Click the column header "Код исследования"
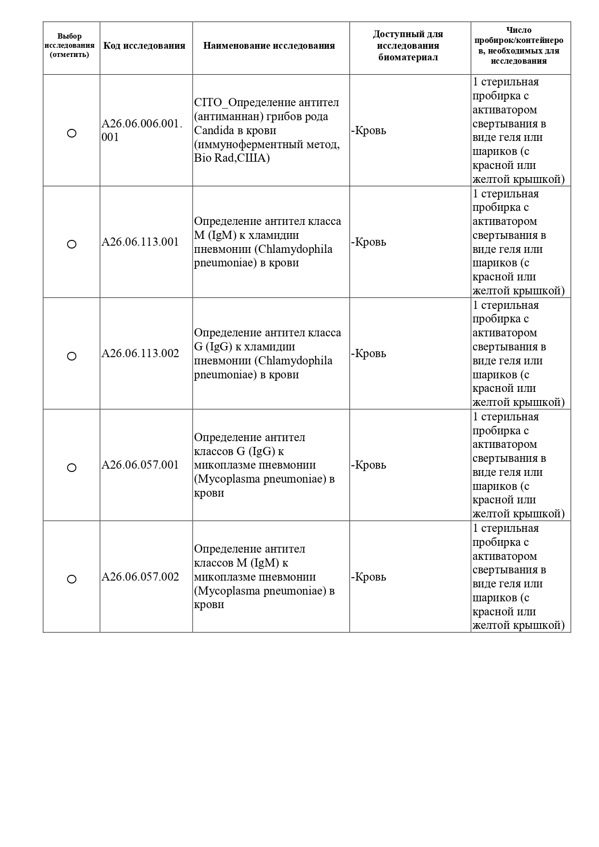(x=144, y=46)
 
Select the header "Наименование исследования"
(x=269, y=46)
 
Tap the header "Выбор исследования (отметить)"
(x=70, y=45)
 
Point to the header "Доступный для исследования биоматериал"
(x=408, y=46)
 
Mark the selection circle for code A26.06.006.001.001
(x=71, y=133)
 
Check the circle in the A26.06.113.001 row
(x=71, y=244)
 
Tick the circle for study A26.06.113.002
(x=71, y=356)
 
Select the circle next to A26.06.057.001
(x=71, y=468)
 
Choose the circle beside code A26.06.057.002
(x=71, y=579)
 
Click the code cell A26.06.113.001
(x=140, y=242)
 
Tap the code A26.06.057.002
(x=140, y=577)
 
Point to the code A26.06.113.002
(x=140, y=353)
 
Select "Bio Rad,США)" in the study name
(x=232, y=158)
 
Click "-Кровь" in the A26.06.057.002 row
(x=369, y=577)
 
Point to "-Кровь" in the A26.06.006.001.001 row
(x=369, y=131)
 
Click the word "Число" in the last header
(x=519, y=30)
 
